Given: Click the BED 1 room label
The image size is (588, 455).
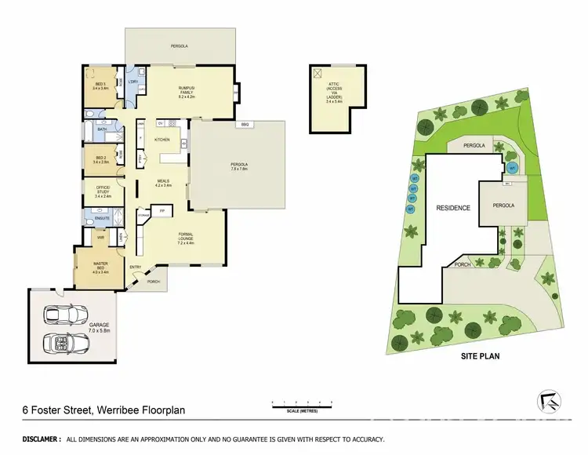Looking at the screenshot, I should pyautogui.click(x=100, y=86).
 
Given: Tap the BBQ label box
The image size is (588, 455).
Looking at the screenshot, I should pyautogui.click(x=244, y=125).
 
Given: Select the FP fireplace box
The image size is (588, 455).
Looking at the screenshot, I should pyautogui.click(x=162, y=210).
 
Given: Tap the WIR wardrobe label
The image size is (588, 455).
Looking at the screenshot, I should pyautogui.click(x=101, y=235).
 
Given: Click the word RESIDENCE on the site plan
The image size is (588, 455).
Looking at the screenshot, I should pyautogui.click(x=452, y=208).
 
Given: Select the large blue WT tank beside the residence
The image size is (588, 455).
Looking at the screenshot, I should pyautogui.click(x=513, y=167).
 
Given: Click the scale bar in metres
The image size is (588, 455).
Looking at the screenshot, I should pyautogui.click(x=301, y=406).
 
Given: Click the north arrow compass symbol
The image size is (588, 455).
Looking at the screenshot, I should pyautogui.click(x=552, y=401).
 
